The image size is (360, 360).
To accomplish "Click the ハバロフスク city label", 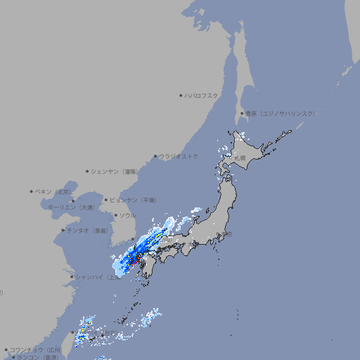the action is click(x=202, y=95).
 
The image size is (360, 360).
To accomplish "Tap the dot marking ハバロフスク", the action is click(x=181, y=95).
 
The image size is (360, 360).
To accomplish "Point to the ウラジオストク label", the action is click(x=179, y=156).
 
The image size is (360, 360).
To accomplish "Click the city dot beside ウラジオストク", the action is click(x=156, y=157).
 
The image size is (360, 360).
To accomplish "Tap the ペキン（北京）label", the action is click(x=53, y=191).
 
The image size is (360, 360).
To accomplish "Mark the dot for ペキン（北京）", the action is click(x=32, y=191).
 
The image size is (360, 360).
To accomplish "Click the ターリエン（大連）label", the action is click(x=71, y=207).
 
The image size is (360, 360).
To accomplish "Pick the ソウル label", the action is click(x=127, y=215).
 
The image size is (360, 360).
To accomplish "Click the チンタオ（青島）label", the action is click(x=88, y=230).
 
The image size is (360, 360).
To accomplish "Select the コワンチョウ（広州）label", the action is click(x=36, y=349).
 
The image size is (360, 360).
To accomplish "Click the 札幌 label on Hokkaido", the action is click(x=240, y=159).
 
